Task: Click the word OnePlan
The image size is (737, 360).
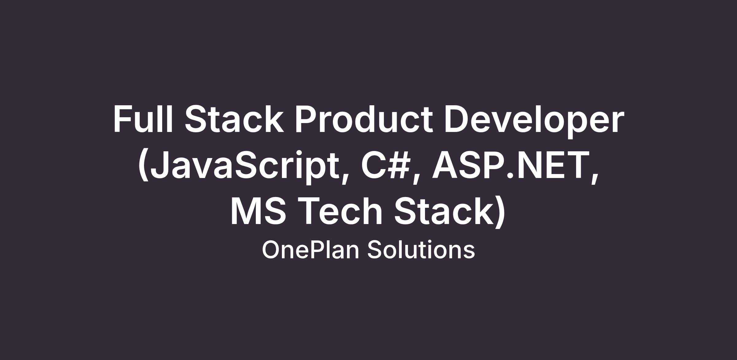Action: point(311,250)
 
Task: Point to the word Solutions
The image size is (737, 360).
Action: point(421,250)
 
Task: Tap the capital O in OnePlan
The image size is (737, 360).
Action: point(271,250)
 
